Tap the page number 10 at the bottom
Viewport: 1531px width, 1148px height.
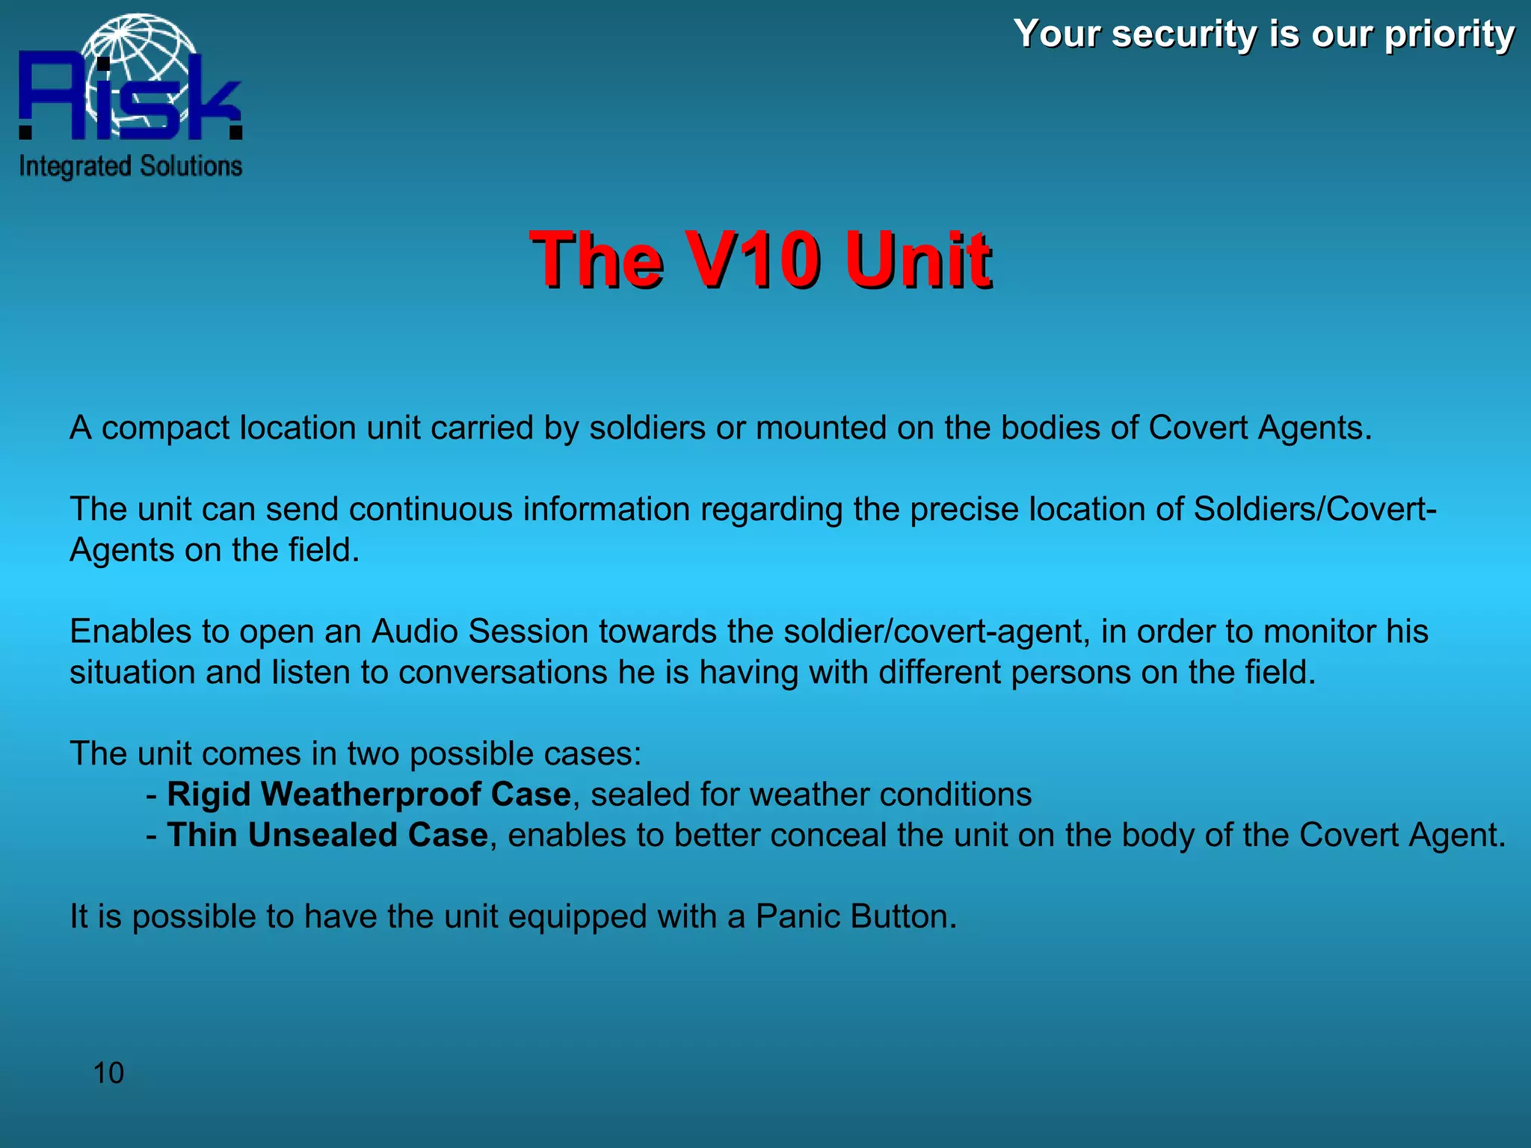click(108, 1073)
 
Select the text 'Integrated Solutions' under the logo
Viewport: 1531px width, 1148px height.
click(131, 166)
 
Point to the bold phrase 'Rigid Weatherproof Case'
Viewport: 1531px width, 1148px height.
click(369, 794)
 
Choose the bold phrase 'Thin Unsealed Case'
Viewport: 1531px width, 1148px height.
click(327, 835)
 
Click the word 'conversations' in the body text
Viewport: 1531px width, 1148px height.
click(503, 672)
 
